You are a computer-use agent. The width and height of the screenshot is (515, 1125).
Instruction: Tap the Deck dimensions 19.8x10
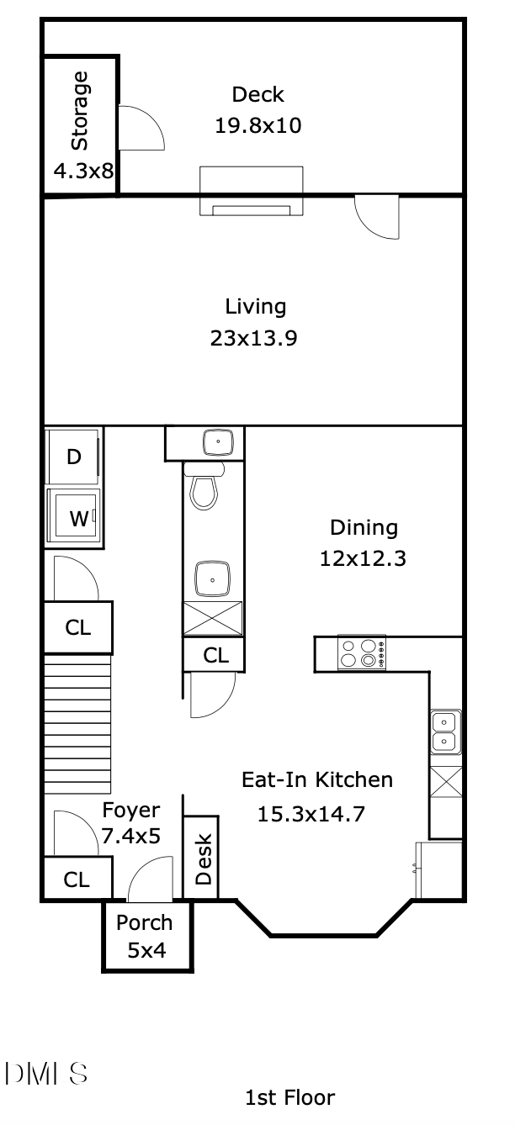(257, 126)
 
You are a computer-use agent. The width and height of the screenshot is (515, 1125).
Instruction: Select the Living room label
(255, 306)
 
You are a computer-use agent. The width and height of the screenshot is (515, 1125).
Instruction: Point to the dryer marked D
(73, 457)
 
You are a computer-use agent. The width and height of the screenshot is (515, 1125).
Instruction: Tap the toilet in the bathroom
(204, 490)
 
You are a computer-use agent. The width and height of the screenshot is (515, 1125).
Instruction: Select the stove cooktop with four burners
(362, 653)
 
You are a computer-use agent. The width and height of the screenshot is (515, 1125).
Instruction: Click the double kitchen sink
(445, 732)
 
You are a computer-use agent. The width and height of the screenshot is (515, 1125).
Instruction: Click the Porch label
(144, 922)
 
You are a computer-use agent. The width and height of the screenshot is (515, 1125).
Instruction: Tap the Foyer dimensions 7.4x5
(130, 837)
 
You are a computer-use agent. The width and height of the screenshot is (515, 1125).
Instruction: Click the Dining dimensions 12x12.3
(363, 558)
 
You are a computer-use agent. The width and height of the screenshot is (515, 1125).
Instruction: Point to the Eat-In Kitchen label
(317, 779)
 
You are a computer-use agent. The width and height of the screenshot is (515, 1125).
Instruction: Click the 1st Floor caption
(289, 1097)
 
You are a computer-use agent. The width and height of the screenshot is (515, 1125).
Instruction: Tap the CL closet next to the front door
(77, 879)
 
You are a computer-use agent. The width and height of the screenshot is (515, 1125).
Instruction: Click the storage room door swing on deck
(140, 129)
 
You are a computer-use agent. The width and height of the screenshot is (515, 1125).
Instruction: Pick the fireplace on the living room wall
(251, 192)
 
